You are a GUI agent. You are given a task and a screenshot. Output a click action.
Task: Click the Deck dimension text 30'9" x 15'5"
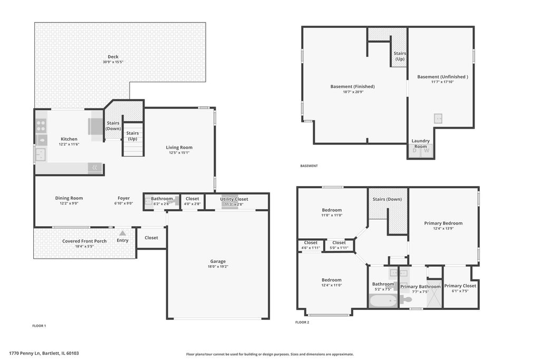point(113,62)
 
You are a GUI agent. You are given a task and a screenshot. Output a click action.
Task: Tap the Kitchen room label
point(69,139)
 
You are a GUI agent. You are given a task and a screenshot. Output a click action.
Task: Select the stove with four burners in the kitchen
point(41,125)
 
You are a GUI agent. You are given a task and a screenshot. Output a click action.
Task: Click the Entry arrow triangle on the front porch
point(122,233)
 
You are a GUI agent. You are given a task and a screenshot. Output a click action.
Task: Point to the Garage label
point(218,261)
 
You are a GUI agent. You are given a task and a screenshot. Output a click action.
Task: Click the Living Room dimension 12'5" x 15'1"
point(179,152)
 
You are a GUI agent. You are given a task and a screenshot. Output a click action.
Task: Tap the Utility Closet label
point(234,199)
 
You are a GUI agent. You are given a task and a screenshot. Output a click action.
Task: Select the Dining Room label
point(69,198)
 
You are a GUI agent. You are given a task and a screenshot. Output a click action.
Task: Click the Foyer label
point(123,198)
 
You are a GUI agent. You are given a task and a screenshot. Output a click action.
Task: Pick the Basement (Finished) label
point(352,86)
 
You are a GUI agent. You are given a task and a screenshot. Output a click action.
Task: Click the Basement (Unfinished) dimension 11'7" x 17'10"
point(442,82)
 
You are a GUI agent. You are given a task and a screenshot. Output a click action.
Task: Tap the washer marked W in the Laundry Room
point(427,150)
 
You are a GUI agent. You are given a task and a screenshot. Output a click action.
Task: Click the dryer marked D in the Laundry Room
point(414,150)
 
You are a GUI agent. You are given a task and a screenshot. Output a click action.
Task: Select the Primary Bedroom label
point(443,223)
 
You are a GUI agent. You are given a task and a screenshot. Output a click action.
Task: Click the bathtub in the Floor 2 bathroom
point(383,301)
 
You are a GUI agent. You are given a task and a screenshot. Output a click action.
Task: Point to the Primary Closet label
point(460,286)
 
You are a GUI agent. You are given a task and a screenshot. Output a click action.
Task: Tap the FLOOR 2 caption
point(302,323)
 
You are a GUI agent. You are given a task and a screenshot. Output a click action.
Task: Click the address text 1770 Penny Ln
point(25,353)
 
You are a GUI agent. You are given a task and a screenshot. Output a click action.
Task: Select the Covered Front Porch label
point(84,241)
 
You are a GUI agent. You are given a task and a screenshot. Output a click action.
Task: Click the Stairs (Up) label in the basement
point(400,56)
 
